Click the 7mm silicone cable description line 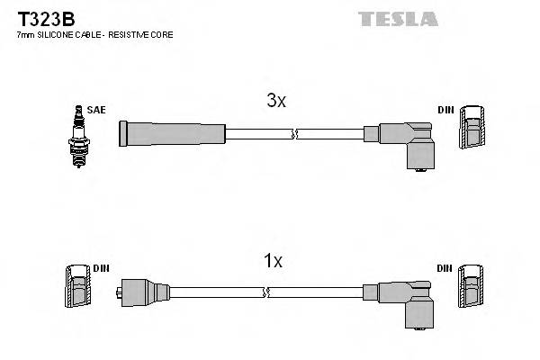94,34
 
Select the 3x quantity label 276,102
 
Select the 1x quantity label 273,261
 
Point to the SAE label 97,110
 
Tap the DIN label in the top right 445,110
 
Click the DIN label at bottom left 99,268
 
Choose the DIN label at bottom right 445,268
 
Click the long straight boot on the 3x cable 171,134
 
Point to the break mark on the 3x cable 293,134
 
